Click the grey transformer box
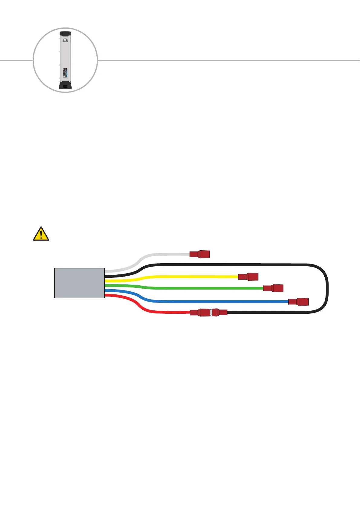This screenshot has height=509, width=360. point(79,283)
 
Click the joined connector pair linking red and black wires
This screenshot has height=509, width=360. point(209,313)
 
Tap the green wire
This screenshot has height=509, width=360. point(196,288)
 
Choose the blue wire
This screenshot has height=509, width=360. point(212,301)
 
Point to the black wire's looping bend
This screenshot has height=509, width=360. point(326,287)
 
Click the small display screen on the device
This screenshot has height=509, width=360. point(65,40)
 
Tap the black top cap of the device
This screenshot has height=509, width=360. point(65,33)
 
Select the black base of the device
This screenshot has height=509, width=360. point(65,86)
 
